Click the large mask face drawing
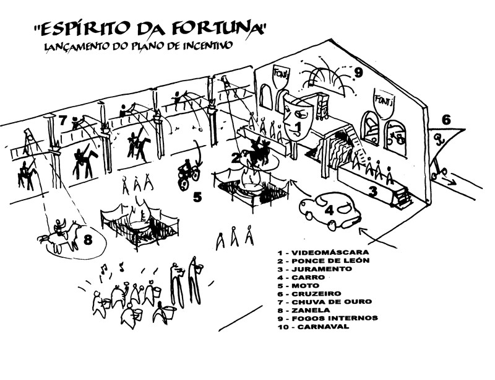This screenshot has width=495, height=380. point(293,117)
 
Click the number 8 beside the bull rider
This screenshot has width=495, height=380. point(88,239)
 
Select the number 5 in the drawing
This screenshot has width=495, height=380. point(197,198)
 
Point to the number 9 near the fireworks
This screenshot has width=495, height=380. point(358,73)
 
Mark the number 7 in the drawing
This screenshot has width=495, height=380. point(63,120)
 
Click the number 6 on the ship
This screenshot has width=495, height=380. point(445,120)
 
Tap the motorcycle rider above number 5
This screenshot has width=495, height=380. point(187,170)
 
